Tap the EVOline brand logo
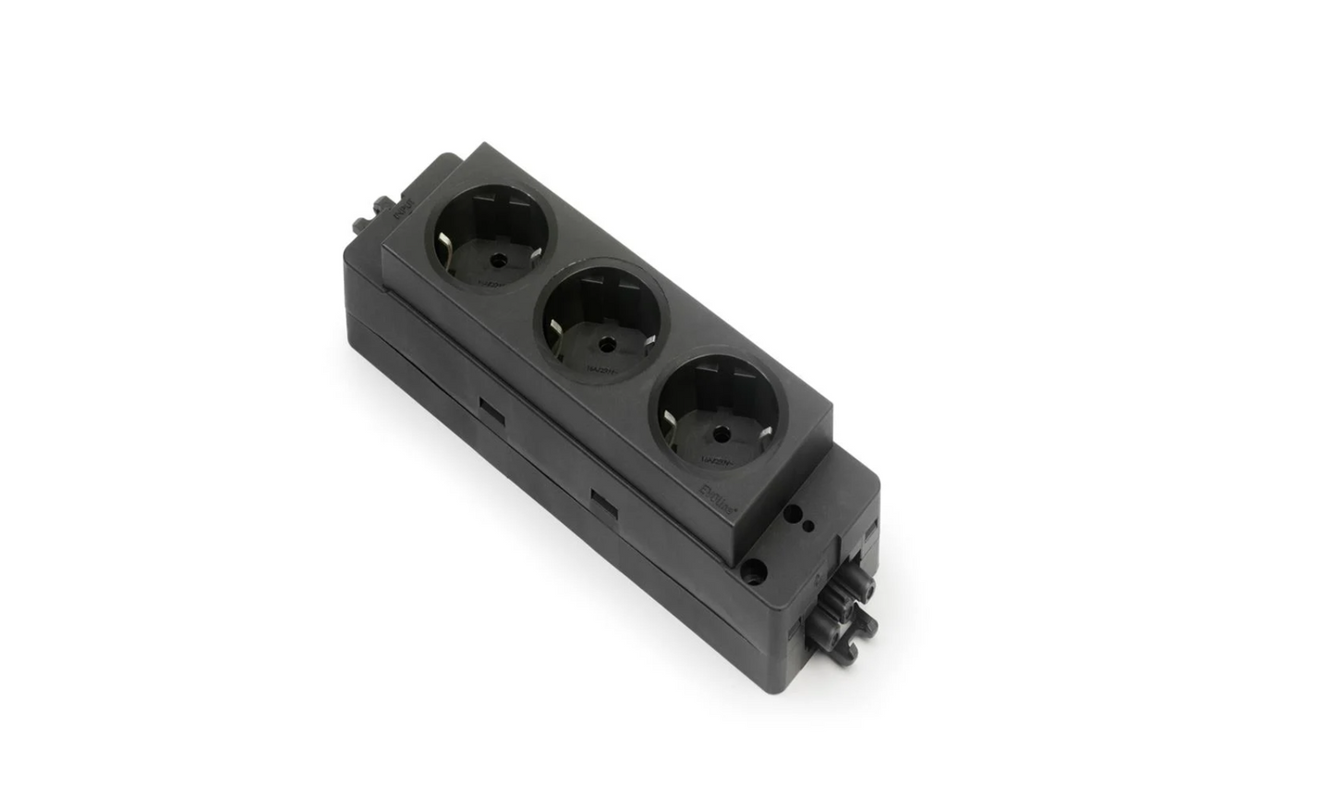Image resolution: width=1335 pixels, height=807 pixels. [x=715, y=486]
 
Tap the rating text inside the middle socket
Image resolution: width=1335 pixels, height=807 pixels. [x=600, y=370]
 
